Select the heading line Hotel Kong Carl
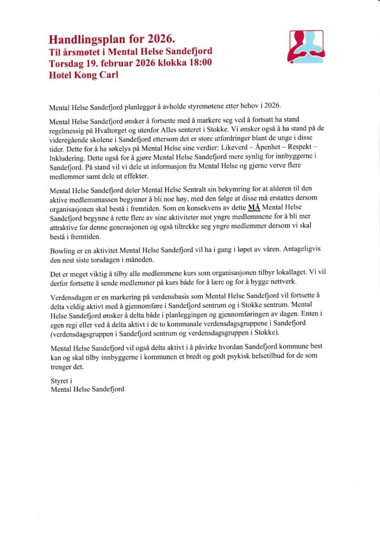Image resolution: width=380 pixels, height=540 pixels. click(x=83, y=75)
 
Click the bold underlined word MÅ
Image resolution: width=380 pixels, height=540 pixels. click(x=254, y=222)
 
